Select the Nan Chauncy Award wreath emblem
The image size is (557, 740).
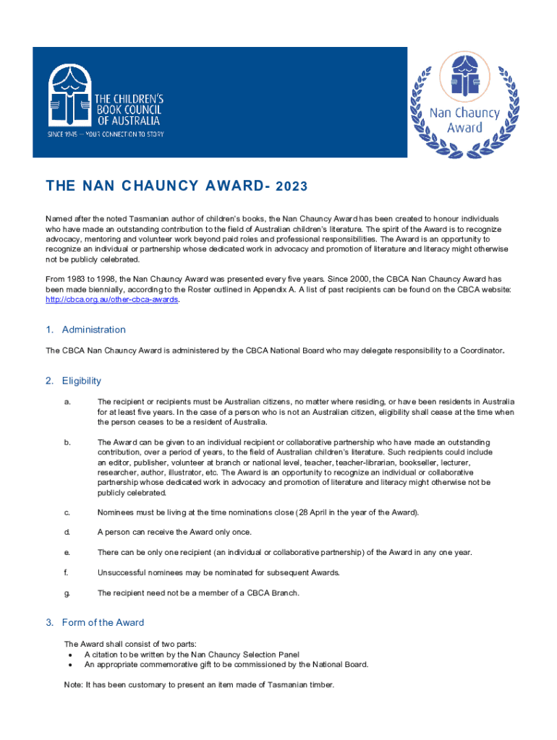[x=464, y=103]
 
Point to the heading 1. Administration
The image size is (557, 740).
[x=85, y=330]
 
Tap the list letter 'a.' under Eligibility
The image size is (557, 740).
[x=67, y=401]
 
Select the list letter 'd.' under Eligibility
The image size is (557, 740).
[x=67, y=533]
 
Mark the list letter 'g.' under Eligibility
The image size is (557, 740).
[x=67, y=593]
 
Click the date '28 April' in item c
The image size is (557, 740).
[x=313, y=512]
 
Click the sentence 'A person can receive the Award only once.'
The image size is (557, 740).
[x=174, y=533]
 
